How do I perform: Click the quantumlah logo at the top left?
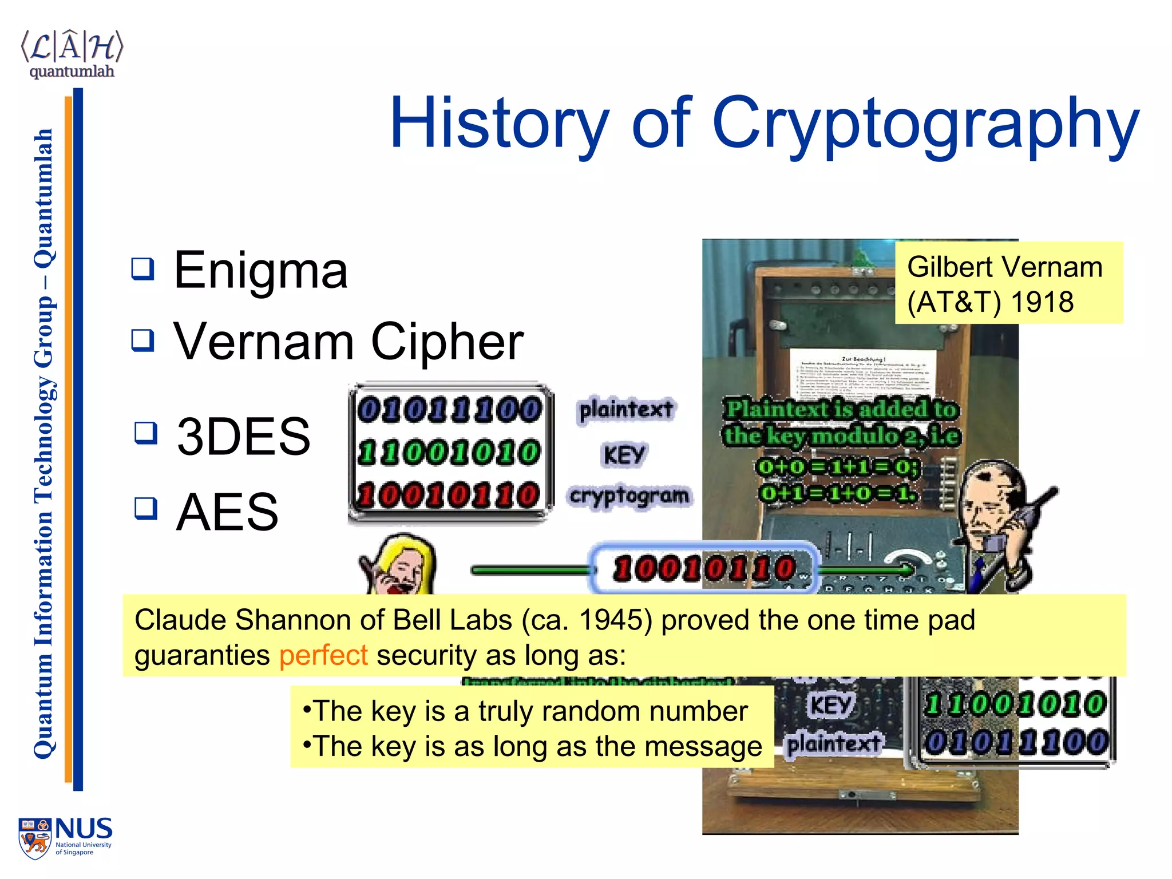(72, 54)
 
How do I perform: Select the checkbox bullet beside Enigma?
(142, 268)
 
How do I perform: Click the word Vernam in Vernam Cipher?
(263, 342)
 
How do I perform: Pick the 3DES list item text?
(243, 436)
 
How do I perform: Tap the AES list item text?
(227, 512)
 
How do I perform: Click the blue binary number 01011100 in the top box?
(449, 410)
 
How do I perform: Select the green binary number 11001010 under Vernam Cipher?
(449, 453)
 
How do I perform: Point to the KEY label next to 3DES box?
(624, 456)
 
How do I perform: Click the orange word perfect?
(323, 655)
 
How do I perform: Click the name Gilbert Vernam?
(1004, 267)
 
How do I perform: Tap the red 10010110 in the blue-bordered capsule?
(704, 569)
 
